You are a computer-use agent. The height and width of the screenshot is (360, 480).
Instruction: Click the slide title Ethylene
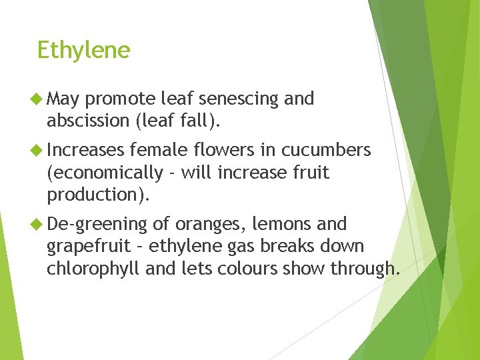(83, 50)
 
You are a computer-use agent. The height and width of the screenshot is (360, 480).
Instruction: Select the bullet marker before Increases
(37, 149)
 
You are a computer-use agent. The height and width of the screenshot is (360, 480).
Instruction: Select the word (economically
(104, 173)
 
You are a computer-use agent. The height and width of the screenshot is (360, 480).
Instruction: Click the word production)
(99, 195)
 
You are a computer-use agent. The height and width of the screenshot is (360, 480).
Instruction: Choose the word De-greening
(97, 224)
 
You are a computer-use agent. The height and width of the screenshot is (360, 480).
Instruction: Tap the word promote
(121, 99)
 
